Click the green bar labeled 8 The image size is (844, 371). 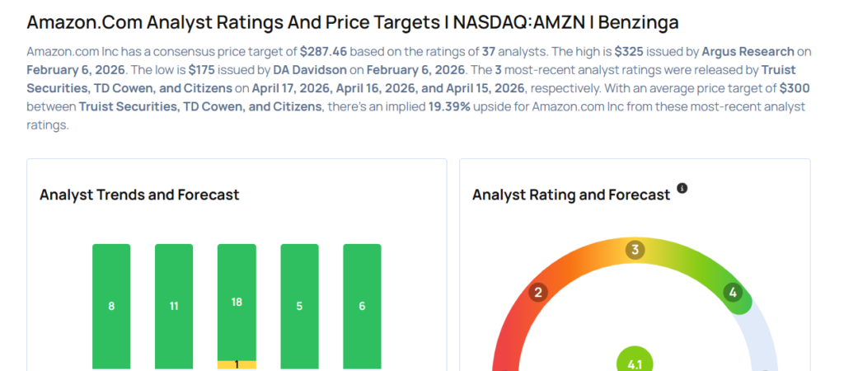pos(111,306)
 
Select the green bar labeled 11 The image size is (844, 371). pos(174,306)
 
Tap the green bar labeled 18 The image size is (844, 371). pos(237,302)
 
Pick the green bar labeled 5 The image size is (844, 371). pos(299,306)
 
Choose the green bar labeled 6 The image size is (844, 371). pos(362,306)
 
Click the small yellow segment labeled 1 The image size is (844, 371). pos(237,364)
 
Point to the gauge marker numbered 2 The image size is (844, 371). pos(539,292)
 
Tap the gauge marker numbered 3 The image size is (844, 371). pos(634,250)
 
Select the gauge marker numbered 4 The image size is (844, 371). pos(733,292)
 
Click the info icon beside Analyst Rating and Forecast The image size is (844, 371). pos(682,189)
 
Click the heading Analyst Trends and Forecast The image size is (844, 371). pos(139,195)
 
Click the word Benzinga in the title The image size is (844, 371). pos(636,21)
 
